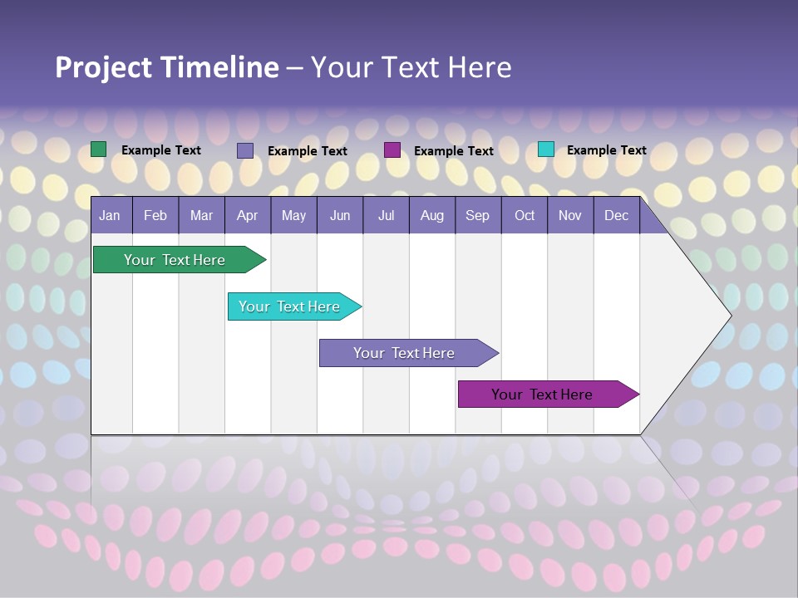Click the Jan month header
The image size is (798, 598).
coord(110,216)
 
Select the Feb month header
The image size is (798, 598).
coord(155,216)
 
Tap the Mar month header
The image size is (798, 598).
coord(201,216)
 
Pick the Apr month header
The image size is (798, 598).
coord(248,216)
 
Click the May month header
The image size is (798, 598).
coord(293,216)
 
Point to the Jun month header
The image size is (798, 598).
coord(340,216)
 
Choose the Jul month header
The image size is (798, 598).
coord(386,216)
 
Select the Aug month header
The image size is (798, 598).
coord(432,216)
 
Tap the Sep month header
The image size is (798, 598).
coord(478,216)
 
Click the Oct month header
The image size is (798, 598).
coord(525,216)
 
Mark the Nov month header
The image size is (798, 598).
coord(570,216)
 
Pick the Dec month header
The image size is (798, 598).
coord(617,216)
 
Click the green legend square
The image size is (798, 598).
coord(99,149)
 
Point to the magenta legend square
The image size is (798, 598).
coord(392,149)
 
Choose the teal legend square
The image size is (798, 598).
coord(546,149)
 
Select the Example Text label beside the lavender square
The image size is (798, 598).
coord(308,151)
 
